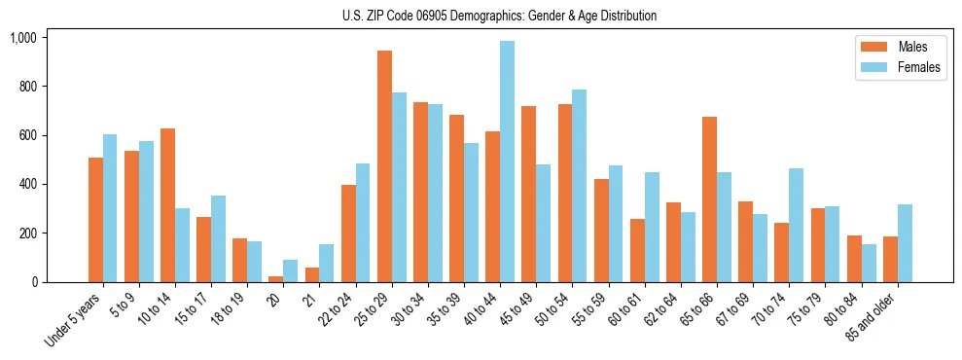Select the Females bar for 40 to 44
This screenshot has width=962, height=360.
tap(507, 162)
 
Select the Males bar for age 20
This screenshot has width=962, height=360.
tap(276, 279)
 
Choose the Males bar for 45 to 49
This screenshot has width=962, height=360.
tap(528, 194)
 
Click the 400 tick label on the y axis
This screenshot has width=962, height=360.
tap(26, 184)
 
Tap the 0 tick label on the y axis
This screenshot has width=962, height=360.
tap(33, 282)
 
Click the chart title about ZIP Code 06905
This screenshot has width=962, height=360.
tap(499, 16)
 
